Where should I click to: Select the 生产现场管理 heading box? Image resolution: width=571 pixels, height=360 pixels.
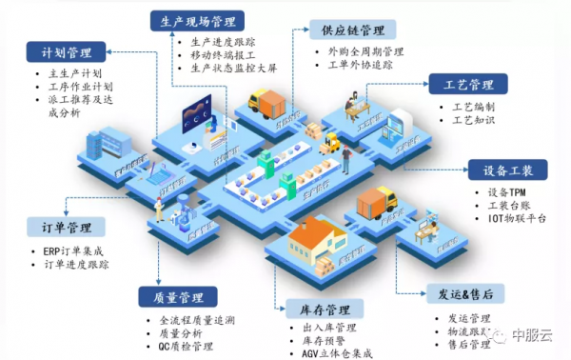(x=198, y=21)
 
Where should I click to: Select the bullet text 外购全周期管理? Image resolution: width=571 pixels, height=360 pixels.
(x=366, y=51)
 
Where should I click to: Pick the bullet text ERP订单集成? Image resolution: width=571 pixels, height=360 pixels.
(x=78, y=250)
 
